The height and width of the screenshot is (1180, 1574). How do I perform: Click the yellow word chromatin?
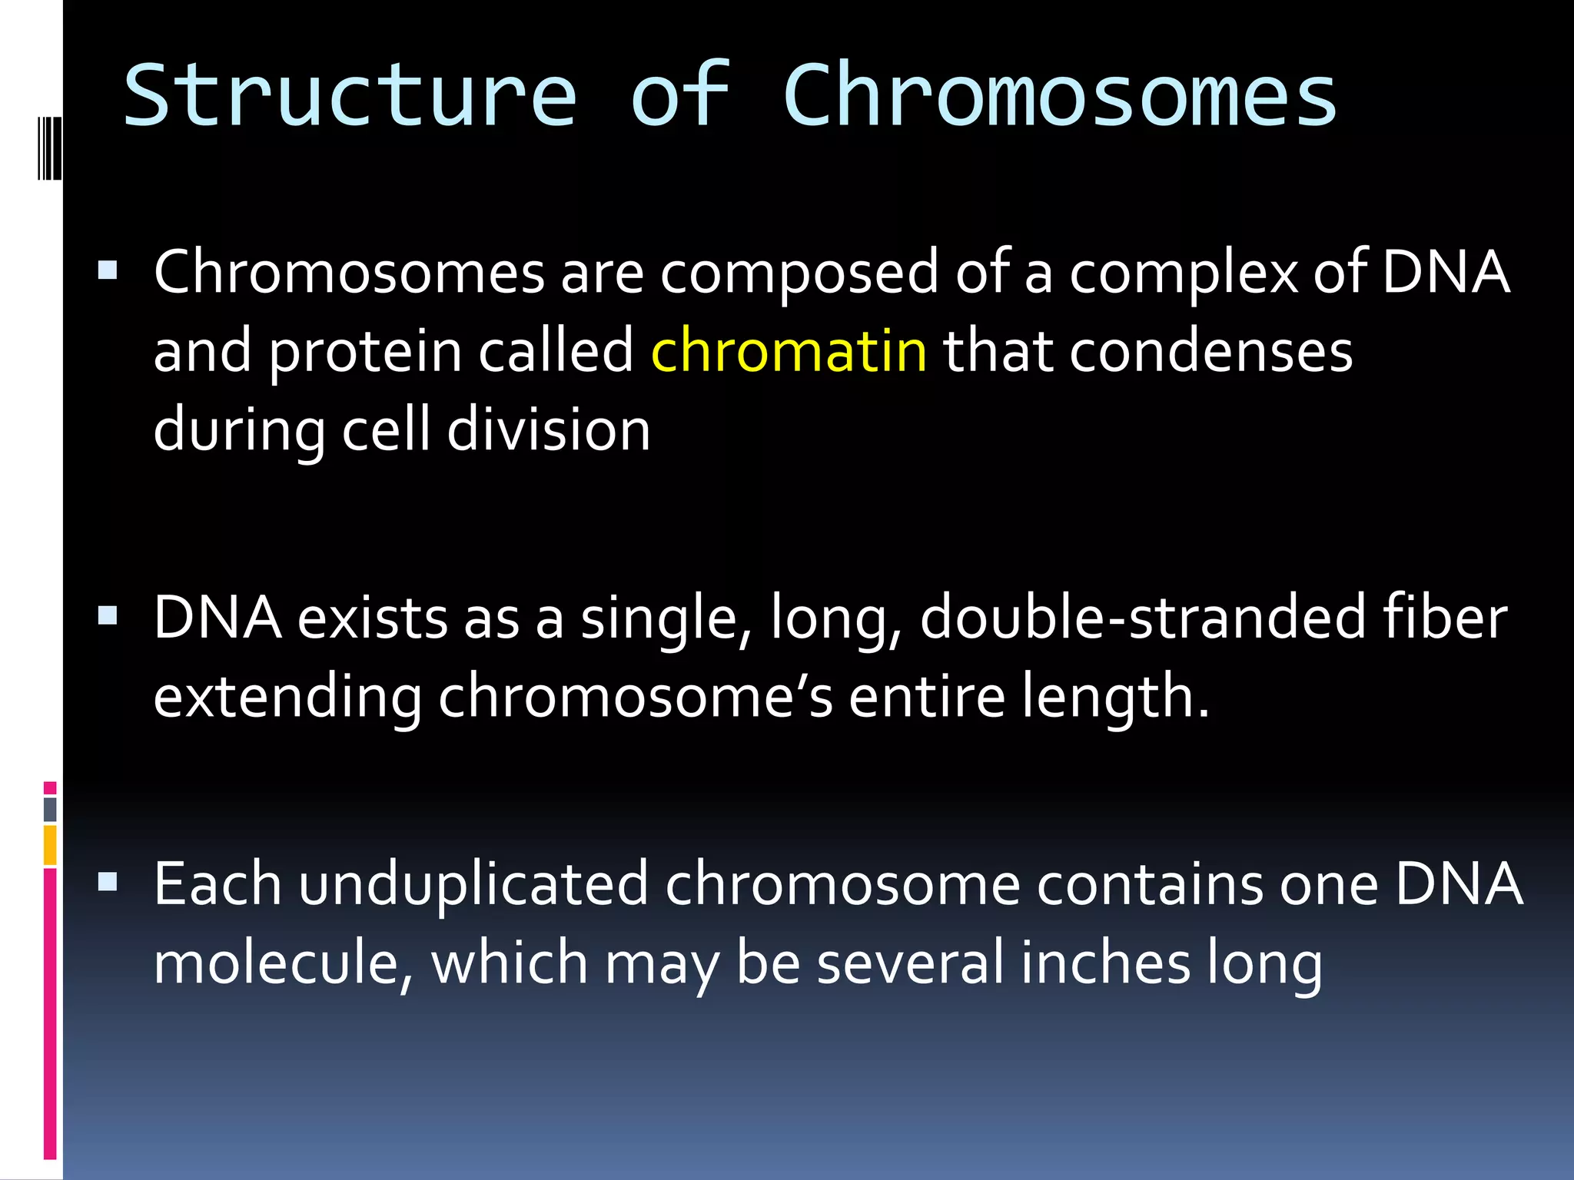pos(789,351)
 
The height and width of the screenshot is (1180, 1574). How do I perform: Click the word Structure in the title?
pos(350,96)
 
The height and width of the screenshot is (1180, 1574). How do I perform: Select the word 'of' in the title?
pos(679,96)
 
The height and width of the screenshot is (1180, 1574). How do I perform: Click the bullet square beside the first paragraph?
pos(108,270)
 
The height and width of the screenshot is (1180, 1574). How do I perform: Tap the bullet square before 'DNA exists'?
pos(108,615)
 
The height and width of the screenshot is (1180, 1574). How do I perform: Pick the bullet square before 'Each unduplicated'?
pos(108,881)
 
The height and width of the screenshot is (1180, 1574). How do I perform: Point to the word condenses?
pos(1210,351)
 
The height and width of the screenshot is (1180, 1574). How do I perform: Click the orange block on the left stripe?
pos(50,844)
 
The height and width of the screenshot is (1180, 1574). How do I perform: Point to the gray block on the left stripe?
pos(50,809)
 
